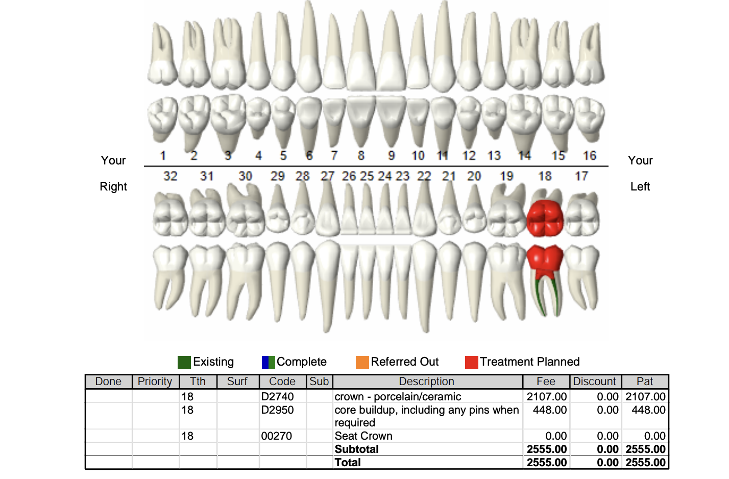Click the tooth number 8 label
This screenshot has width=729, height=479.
pos(361,156)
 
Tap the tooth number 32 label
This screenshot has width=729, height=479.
pos(170,176)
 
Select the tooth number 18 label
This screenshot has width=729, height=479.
pos(545,176)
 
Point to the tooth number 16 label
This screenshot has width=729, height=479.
pos(590,156)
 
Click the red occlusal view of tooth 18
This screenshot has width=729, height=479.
pos(545,218)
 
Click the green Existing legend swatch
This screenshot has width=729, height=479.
pos(184,363)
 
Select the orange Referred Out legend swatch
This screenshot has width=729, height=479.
pos(362,363)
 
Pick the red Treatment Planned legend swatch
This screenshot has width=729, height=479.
pos(472,363)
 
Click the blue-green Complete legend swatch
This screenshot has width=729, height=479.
pos(269,363)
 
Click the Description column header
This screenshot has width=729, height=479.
pos(426,381)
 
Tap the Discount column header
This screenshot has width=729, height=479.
pos(594,381)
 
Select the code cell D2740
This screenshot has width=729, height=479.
pos(277,397)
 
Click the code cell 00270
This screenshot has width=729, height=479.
pos(277,436)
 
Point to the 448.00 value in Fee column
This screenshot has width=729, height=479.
pos(550,410)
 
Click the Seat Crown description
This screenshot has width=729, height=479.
pos(363,436)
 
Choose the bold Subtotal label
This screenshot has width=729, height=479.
pos(357,449)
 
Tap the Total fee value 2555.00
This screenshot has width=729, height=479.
pos(547,462)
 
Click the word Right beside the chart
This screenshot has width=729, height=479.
pos(113,187)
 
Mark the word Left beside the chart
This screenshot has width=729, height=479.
pos(640,186)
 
